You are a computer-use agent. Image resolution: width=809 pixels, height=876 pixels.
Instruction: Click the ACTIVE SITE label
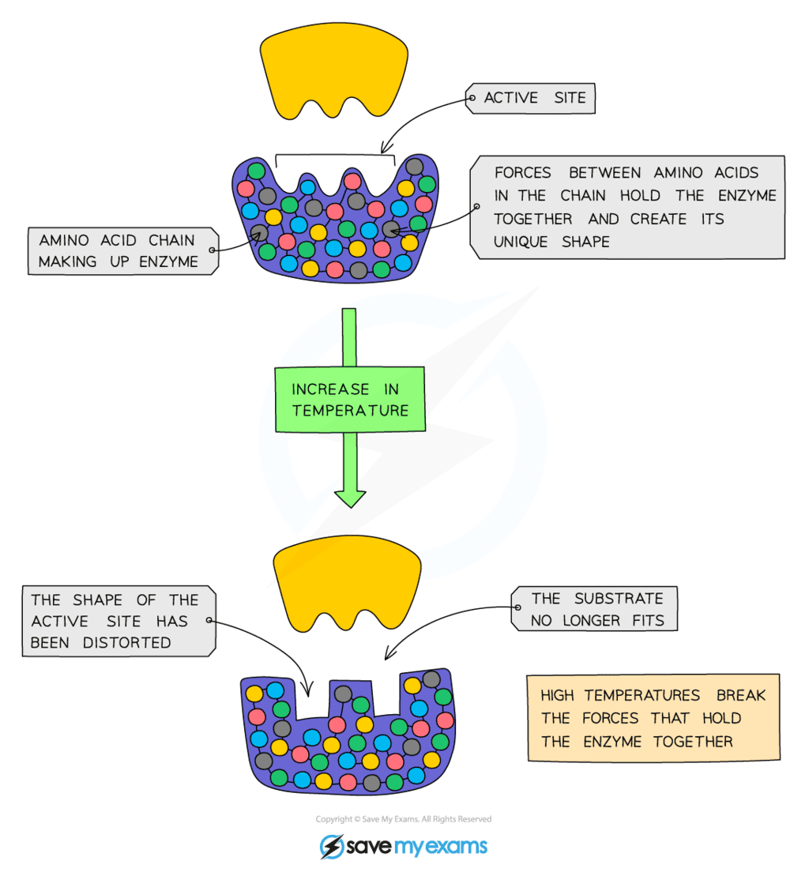pyautogui.click(x=535, y=99)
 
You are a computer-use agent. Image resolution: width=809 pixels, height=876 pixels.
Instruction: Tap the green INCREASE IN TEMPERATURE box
pyautogui.click(x=350, y=399)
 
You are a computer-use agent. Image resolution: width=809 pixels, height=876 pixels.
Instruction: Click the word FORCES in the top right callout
pyautogui.click(x=524, y=173)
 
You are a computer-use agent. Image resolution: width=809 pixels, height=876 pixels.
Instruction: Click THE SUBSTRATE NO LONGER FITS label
pyautogui.click(x=596, y=609)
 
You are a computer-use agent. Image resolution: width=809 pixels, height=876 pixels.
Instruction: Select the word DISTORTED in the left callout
pyautogui.click(x=127, y=643)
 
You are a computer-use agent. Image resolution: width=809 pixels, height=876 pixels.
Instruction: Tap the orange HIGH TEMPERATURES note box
pyautogui.click(x=653, y=718)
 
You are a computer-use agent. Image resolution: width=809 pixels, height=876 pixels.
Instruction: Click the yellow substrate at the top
pyautogui.click(x=334, y=70)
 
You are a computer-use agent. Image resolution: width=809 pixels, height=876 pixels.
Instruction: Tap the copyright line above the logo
pyautogui.click(x=403, y=819)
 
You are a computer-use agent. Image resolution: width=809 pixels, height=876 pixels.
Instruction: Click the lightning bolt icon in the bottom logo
pyautogui.click(x=330, y=847)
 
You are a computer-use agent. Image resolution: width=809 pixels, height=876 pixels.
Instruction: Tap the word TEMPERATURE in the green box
pyautogui.click(x=350, y=411)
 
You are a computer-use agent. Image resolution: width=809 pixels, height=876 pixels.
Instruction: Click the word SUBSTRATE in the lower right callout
pyautogui.click(x=619, y=598)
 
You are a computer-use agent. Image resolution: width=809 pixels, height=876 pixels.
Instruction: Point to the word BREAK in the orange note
pyautogui.click(x=741, y=696)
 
